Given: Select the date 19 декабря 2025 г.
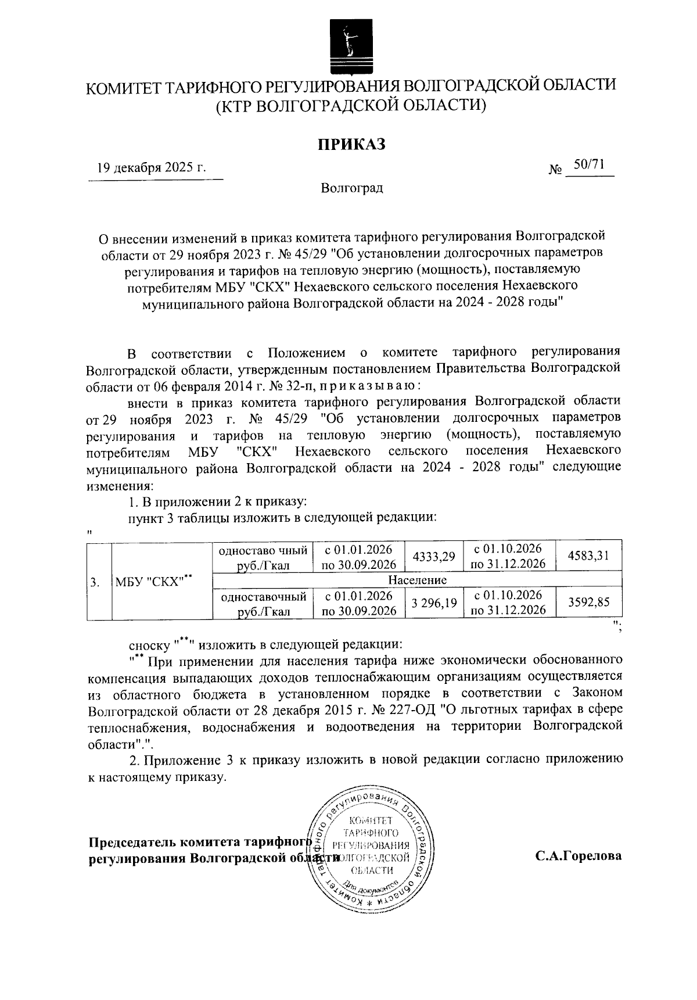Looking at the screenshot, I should tap(152, 169).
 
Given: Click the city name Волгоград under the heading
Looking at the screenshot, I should tap(351, 189).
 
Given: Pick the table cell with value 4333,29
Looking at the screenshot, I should tap(433, 557).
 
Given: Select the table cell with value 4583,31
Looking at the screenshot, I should tap(589, 556).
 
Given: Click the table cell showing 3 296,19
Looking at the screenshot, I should tap(433, 603).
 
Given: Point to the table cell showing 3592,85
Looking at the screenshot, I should tap(589, 603).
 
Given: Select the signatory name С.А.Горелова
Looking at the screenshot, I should tap(579, 856).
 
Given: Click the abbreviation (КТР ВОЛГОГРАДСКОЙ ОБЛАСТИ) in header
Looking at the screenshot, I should tap(351, 106).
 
